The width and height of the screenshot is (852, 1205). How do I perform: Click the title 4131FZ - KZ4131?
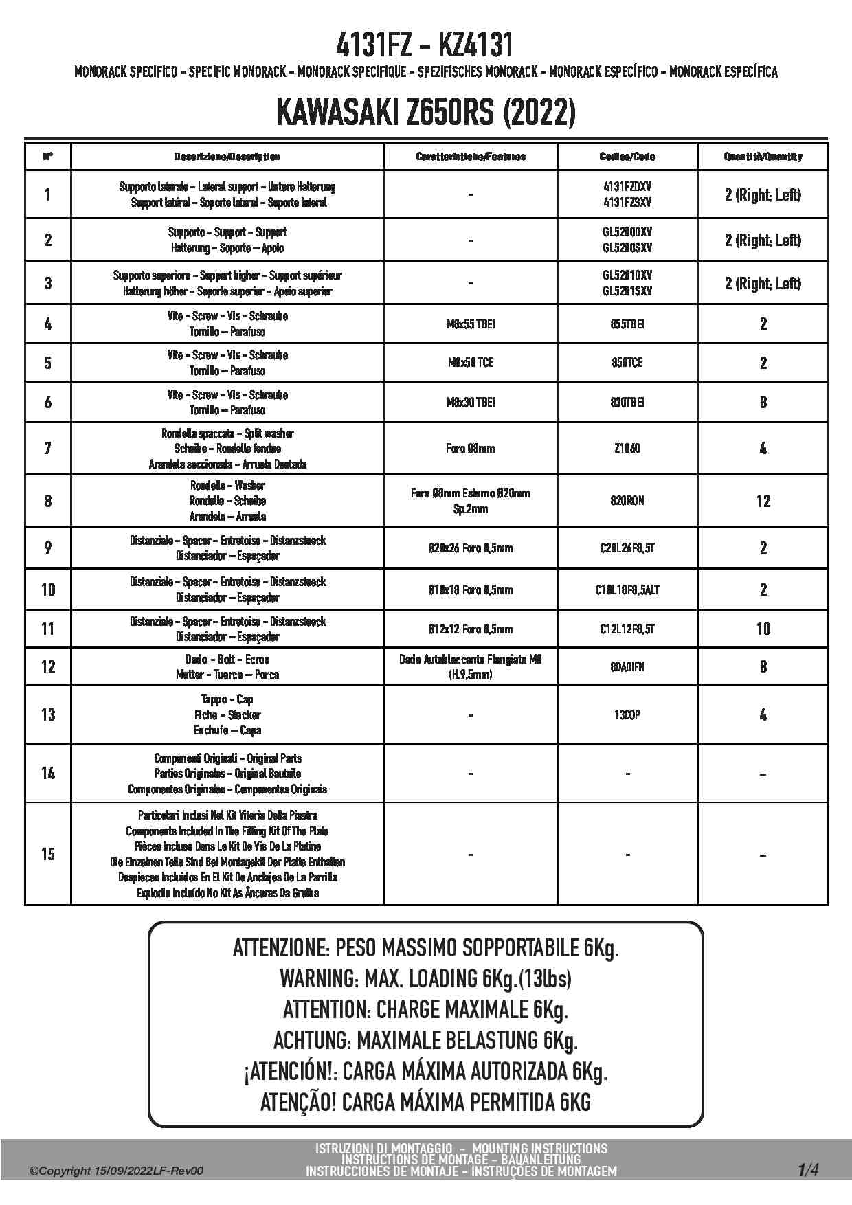coord(425,45)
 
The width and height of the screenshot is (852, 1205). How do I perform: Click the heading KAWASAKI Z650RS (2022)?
coord(425,113)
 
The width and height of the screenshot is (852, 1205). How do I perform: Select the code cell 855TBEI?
coord(627,324)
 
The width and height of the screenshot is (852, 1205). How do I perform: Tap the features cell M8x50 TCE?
coord(471,363)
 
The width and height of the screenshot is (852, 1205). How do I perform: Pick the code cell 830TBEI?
coord(627,402)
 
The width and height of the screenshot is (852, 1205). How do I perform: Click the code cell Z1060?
coord(627,448)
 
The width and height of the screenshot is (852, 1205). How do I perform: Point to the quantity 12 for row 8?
coord(763,501)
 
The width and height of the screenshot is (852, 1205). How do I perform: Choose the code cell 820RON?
coord(627,501)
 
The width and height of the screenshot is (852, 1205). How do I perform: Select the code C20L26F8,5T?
coord(627,548)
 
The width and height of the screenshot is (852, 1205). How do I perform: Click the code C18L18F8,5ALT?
coord(627,589)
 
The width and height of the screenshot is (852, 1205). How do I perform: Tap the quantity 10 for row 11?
coord(763,629)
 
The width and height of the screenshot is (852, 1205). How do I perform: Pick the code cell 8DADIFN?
coord(627,666)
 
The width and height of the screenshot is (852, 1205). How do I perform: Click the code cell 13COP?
coord(627,714)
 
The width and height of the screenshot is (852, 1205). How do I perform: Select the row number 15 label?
coord(47,854)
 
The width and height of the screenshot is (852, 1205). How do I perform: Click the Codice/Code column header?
coord(627,157)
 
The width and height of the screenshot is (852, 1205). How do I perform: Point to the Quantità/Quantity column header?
coord(763,157)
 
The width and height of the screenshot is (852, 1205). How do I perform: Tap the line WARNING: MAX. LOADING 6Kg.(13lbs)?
coord(425,978)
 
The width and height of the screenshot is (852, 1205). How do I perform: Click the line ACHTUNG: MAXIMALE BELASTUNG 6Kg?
coord(425,1040)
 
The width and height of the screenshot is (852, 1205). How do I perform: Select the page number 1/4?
coord(808,1169)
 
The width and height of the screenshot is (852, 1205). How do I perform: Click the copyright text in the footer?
coord(117,1171)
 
